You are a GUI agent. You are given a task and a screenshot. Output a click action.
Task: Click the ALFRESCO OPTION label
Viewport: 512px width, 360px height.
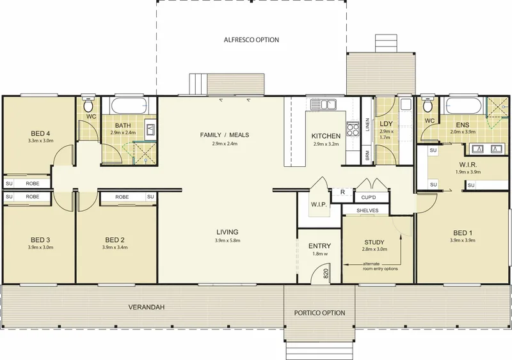coord(252,40)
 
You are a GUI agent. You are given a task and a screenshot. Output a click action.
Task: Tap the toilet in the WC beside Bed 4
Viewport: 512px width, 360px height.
coord(88,104)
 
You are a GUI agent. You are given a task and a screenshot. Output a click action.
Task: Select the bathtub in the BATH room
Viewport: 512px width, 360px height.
coord(129,105)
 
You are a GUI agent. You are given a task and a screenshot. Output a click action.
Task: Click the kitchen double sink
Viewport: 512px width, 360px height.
coord(323,104)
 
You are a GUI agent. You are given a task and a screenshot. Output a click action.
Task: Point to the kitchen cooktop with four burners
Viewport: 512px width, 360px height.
coord(353,129)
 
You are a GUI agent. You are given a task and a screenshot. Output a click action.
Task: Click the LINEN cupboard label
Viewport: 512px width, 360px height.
coord(367,125)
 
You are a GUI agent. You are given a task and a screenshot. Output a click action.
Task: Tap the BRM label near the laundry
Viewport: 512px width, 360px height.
coord(367,155)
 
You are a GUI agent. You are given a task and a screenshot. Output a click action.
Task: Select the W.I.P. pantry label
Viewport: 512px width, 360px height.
coord(319,205)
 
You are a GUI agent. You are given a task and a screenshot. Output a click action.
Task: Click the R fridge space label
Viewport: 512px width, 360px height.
coord(342,192)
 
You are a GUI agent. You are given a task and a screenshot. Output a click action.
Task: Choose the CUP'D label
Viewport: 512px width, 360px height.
coord(369,198)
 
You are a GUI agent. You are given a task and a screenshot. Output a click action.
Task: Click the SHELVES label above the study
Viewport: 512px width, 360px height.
coord(367,210)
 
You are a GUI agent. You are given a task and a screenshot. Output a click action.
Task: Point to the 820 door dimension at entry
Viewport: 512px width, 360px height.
coord(326,274)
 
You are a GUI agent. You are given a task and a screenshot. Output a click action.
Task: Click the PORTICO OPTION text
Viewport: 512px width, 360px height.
coord(319,313)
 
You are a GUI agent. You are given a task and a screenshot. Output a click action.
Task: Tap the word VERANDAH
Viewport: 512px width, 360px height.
coord(147,307)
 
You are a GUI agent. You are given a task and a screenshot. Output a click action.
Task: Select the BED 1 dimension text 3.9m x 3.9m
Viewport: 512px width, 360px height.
coord(462,240)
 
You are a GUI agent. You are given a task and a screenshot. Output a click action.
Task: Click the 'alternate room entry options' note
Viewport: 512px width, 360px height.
coord(380,267)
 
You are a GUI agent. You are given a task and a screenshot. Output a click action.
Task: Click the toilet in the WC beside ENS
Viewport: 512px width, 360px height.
coord(428,104)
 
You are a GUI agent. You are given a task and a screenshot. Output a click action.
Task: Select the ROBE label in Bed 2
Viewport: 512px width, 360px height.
coord(122,197)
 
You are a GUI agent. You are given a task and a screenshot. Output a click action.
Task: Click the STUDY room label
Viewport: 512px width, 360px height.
coord(374,242)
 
